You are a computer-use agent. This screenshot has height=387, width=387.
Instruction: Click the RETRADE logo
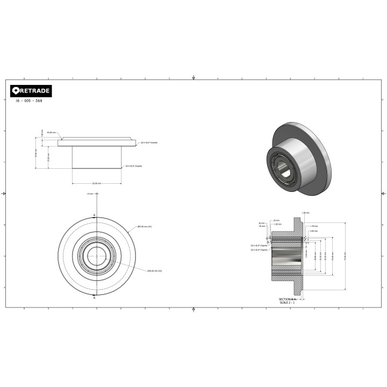[31, 91]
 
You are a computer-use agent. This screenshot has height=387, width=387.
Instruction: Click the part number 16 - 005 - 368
[30, 101]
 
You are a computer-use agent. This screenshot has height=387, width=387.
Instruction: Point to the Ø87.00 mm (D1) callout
[145, 227]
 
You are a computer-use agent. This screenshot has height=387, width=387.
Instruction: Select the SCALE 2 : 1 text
[288, 302]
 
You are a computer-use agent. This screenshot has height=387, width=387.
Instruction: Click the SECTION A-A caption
[287, 299]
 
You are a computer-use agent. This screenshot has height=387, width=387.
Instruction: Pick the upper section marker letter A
[95, 215]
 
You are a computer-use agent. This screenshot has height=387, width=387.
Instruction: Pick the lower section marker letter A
[95, 296]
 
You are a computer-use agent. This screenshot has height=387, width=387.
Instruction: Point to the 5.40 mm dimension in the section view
[306, 253]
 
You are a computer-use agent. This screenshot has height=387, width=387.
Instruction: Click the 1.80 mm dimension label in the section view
[314, 226]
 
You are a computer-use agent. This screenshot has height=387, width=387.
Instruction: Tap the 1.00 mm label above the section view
[306, 212]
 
